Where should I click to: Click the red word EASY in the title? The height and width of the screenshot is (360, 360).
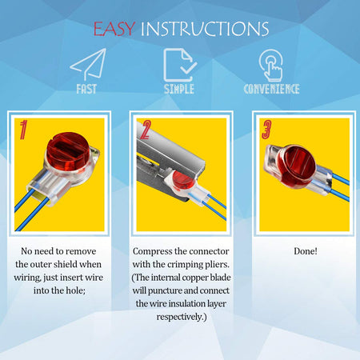click(x=114, y=29)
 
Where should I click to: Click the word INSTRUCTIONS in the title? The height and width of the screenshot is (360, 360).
click(x=205, y=29)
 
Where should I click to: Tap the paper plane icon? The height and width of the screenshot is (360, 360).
click(x=88, y=64)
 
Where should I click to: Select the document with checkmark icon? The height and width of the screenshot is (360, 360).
click(x=180, y=65)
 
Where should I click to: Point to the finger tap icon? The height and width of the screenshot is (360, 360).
click(x=271, y=66)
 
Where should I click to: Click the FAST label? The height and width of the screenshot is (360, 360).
click(x=86, y=89)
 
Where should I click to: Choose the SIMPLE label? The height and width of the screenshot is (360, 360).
click(x=179, y=89)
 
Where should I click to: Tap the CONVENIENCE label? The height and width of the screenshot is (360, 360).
click(x=271, y=89)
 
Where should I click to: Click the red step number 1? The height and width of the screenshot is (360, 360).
click(x=23, y=130)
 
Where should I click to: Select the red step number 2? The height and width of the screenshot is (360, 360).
click(x=146, y=130)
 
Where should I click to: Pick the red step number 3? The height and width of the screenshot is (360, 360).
click(x=266, y=130)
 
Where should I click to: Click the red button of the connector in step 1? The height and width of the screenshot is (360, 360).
click(x=68, y=151)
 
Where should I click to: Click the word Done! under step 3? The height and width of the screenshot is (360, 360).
click(x=306, y=251)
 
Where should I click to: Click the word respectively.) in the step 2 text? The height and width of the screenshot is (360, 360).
click(x=182, y=317)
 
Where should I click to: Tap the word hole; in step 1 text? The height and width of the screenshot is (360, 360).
click(x=76, y=290)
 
